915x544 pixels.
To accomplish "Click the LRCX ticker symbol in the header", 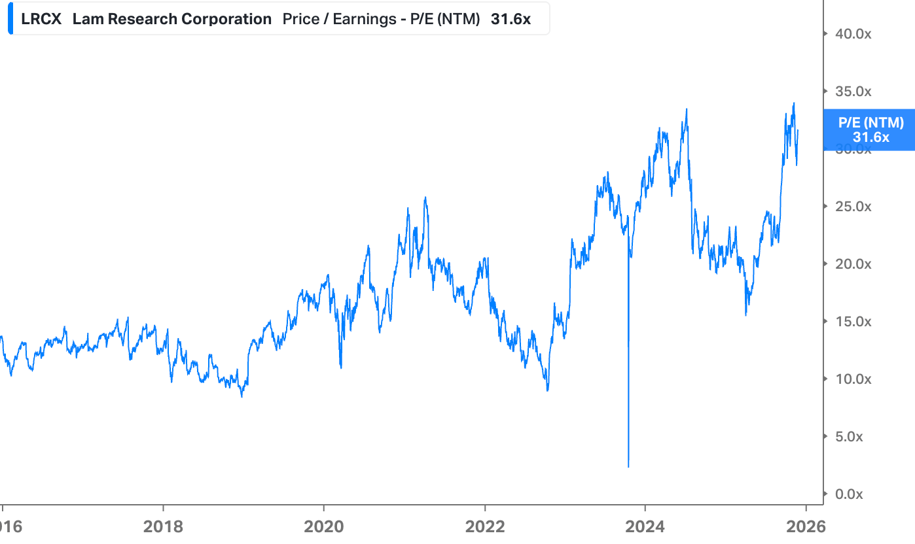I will pyautogui.click(x=41, y=19).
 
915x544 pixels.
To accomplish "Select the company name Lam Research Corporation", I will pyautogui.click(x=171, y=19).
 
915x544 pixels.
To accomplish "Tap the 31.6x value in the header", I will pyautogui.click(x=511, y=19).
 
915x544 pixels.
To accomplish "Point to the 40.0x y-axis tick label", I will pyautogui.click(x=852, y=34).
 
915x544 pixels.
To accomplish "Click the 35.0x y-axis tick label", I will pyautogui.click(x=852, y=92).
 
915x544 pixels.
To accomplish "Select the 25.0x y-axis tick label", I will pyautogui.click(x=852, y=207).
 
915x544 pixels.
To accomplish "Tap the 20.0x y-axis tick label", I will pyautogui.click(x=852, y=264).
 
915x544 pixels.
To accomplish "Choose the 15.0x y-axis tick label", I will pyautogui.click(x=852, y=322).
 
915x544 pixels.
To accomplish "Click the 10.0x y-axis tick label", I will pyautogui.click(x=852, y=379).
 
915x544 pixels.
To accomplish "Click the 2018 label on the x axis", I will pyautogui.click(x=163, y=527).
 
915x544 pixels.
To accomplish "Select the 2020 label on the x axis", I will pyautogui.click(x=323, y=527).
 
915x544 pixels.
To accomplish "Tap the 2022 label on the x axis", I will pyautogui.click(x=484, y=527).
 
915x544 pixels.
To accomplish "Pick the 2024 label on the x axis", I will pyautogui.click(x=645, y=527).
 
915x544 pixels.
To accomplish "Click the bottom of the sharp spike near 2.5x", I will pyautogui.click(x=628, y=466).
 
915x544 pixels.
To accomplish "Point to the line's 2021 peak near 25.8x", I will pyautogui.click(x=425, y=197).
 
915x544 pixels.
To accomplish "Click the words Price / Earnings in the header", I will pyautogui.click(x=334, y=19).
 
